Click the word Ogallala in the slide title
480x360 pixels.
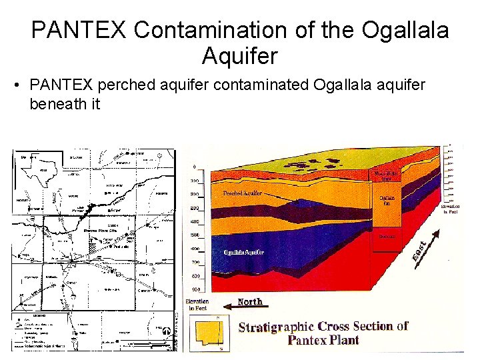point(405,30)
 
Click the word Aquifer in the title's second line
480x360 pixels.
point(239,57)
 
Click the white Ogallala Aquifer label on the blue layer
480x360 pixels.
point(244,252)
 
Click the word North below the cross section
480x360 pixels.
point(250,302)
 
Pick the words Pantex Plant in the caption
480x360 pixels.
point(323,340)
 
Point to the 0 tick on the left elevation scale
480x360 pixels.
point(194,167)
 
